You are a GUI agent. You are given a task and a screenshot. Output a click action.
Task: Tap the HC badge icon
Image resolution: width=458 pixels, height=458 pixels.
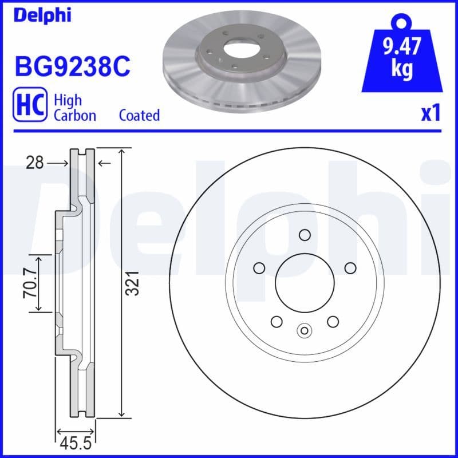click(x=29, y=107)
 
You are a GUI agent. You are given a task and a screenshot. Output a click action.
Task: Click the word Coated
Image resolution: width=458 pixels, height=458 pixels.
click(x=139, y=115)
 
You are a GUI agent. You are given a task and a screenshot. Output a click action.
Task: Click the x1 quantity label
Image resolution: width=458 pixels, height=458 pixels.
click(x=431, y=113)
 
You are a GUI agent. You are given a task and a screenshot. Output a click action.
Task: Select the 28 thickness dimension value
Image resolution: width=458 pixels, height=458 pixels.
click(x=35, y=164)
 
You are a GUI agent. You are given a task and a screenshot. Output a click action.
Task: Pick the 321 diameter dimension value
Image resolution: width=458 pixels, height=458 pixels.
click(x=133, y=283)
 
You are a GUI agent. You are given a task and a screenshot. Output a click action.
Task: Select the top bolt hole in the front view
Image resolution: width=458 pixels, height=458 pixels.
click(x=304, y=234)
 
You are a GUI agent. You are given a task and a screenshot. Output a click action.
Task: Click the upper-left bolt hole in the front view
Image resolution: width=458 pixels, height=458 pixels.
click(x=259, y=267)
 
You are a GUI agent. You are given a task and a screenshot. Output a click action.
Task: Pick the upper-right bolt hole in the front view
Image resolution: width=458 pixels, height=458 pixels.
click(x=350, y=267)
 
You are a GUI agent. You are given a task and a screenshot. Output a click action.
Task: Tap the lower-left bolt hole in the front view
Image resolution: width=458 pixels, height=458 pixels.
click(x=276, y=321)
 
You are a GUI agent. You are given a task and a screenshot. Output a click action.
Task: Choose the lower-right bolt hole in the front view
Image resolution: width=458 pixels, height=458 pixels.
click(x=333, y=321)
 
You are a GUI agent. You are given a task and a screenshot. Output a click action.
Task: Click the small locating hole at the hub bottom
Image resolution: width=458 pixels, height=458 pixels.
click(x=304, y=330)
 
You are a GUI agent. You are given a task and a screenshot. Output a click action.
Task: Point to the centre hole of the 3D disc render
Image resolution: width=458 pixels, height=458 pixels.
click(x=241, y=48)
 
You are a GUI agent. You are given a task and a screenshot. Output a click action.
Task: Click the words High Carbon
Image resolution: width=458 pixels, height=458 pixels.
click(x=74, y=107)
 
